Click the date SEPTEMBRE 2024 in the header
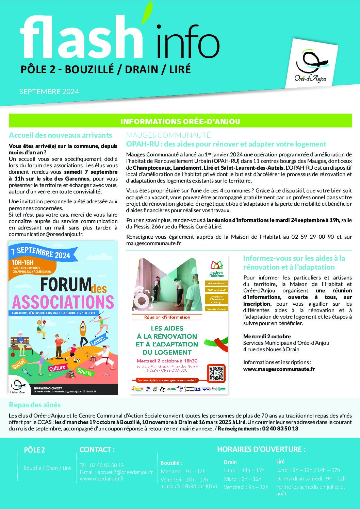coord(49,91)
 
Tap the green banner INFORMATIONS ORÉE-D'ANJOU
coord(180,121)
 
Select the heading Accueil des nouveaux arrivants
coord(60,135)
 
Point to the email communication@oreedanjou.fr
coord(46,234)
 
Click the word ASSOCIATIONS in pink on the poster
coord(63,302)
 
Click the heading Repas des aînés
coord(35,405)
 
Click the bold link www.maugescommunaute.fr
coord(279,369)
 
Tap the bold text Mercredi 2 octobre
coord(267,336)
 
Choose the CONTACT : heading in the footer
coord(97,449)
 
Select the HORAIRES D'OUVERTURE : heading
coord(261,449)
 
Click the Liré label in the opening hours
coord(280,461)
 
